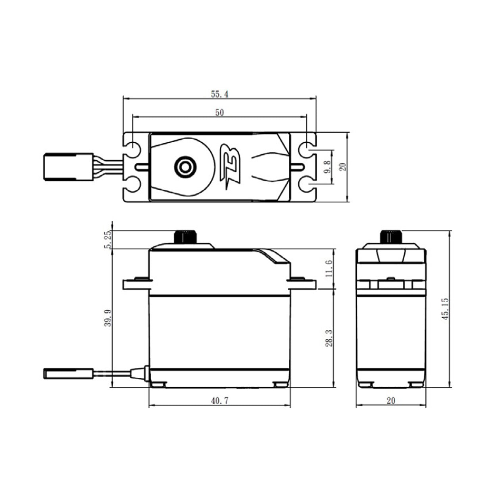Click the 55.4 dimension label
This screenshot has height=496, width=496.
tap(219, 94)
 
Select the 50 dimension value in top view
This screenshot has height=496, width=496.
tap(219, 113)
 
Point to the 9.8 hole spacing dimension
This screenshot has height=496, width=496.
tap(327, 167)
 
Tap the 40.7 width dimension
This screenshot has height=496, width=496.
tap(219, 401)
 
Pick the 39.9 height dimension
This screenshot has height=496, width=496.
tap(107, 319)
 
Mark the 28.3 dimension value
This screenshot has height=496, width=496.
tap(329, 338)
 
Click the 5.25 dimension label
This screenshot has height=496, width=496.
tap(107, 240)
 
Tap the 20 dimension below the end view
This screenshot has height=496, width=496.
tap(391, 401)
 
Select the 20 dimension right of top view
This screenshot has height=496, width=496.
tap(343, 167)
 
